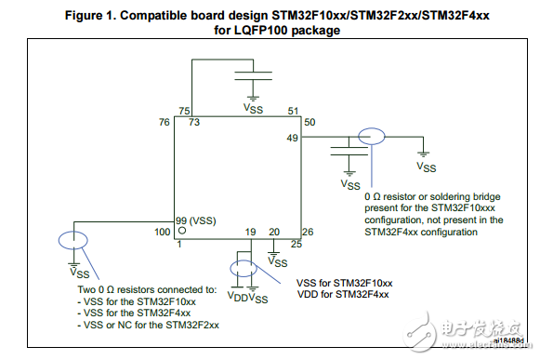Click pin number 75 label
coord(184,110)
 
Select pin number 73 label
coord(195,122)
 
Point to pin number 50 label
coord(310,122)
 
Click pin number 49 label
coord(292,137)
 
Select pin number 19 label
coord(251,231)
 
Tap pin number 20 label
coord(274,231)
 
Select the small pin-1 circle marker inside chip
coord(183,229)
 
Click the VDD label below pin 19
coord(238,298)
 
